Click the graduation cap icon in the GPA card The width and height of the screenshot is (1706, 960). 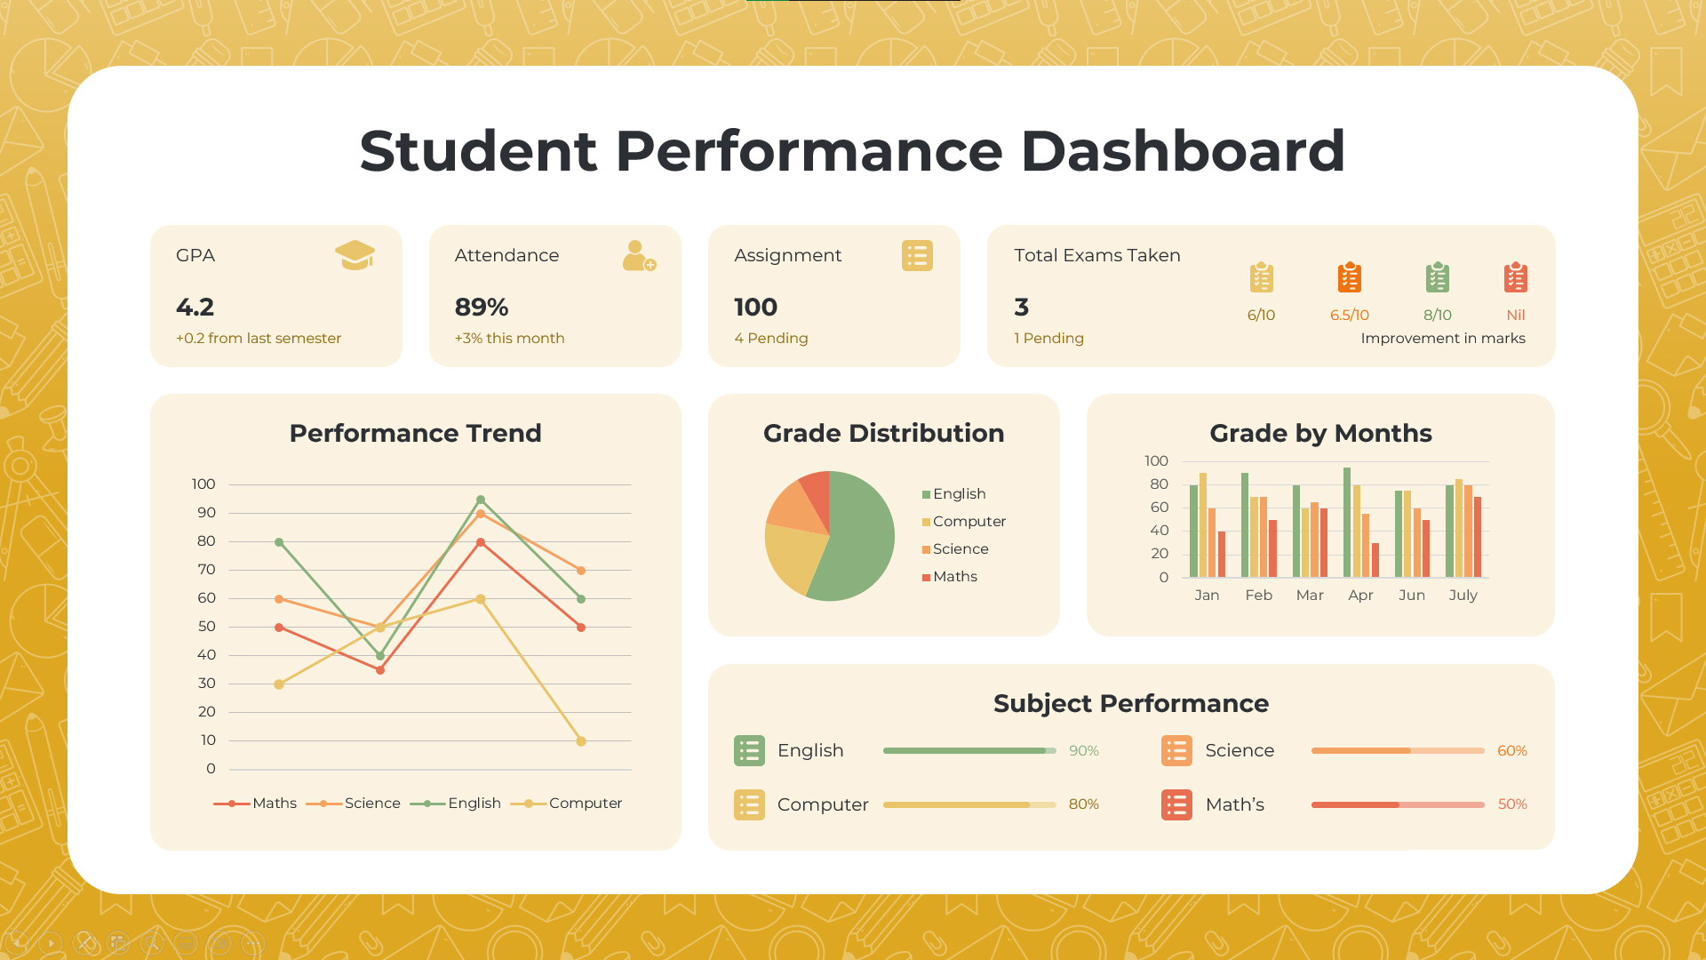355,255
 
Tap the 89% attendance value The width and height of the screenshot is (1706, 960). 482,308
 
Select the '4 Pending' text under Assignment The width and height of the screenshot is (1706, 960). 770,339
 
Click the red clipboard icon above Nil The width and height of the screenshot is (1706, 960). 1515,277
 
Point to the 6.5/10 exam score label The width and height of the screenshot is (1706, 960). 1349,316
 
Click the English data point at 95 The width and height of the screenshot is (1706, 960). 481,500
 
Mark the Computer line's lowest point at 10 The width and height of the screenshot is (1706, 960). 581,741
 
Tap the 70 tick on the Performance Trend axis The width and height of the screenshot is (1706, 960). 206,570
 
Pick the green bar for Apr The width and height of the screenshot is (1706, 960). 1347,523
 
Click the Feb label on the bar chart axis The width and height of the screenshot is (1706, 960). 1258,596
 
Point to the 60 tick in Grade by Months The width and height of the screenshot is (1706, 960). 1159,508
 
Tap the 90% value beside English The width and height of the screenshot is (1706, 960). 1083,751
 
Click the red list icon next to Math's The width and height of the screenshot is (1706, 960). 1176,805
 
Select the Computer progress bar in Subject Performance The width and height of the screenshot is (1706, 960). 969,805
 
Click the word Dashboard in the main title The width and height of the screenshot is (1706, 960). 1182,151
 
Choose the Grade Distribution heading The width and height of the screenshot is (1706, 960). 883,434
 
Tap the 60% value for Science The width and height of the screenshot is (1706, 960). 1511,751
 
